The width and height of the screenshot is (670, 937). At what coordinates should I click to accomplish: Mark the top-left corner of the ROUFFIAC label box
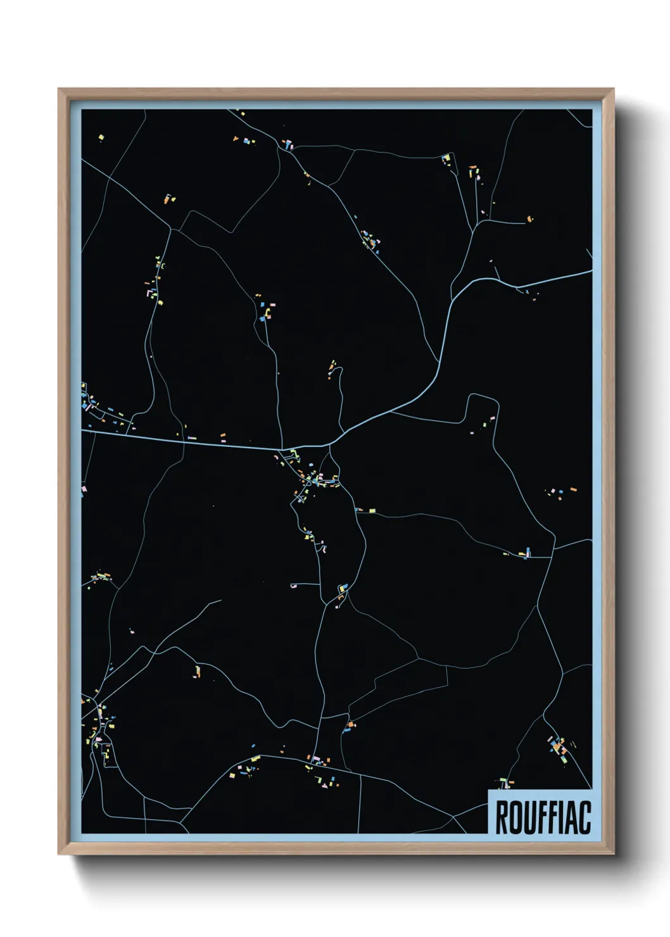488,790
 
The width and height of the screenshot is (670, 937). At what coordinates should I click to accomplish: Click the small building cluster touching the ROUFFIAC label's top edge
504,784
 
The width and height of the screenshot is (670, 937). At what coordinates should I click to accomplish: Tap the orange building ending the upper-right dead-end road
529,220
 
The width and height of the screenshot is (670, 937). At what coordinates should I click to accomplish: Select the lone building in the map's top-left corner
101,137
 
